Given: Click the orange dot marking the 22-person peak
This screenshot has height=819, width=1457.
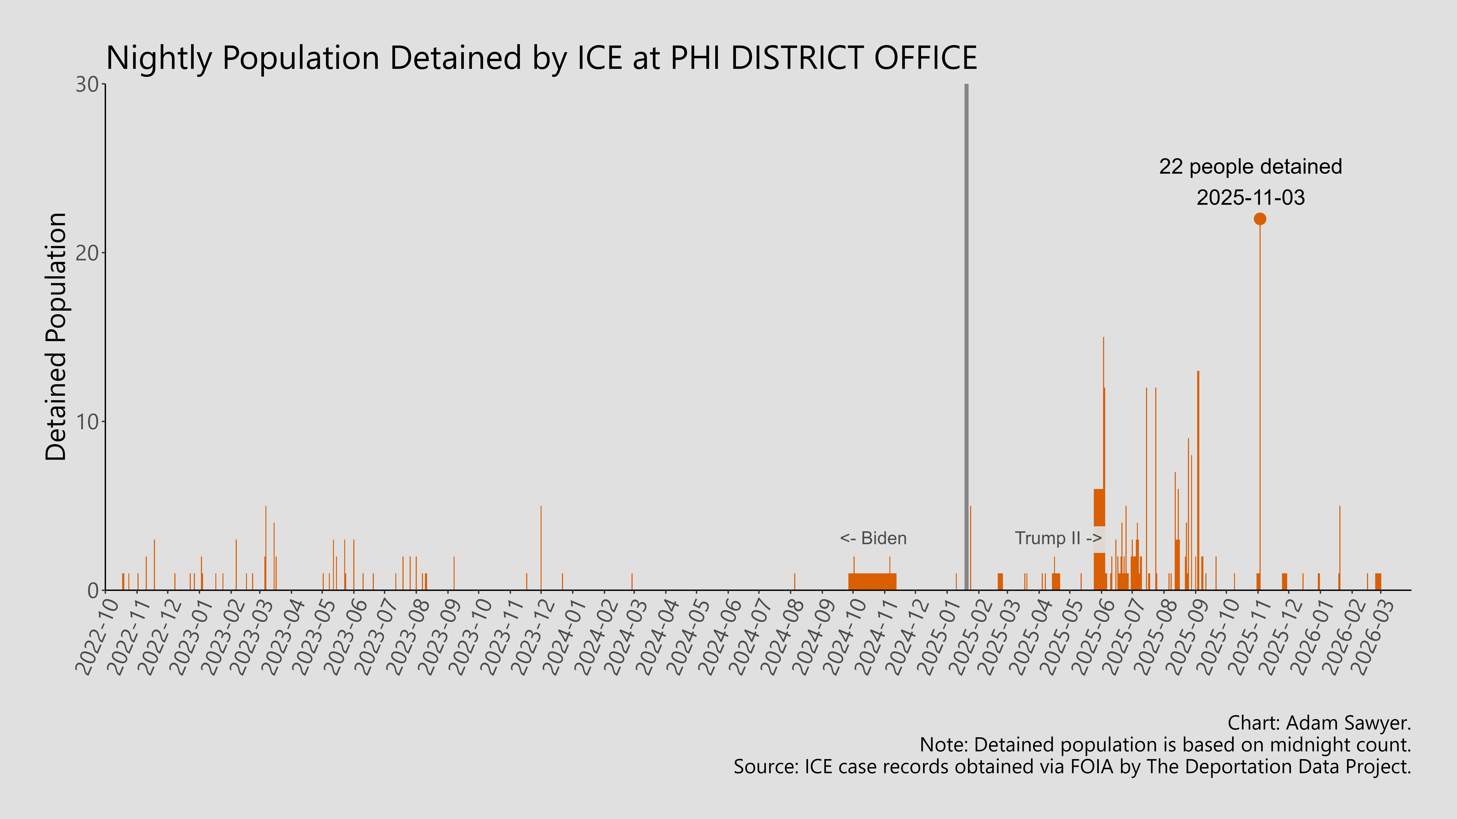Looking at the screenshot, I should (1260, 219).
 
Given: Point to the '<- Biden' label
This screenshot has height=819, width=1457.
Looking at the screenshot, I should (873, 538).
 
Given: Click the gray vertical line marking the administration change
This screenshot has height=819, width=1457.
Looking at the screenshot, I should (966, 339).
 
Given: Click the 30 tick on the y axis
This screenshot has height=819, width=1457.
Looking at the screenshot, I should (88, 85).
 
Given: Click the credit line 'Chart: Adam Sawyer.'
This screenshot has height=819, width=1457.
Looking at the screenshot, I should (1319, 723).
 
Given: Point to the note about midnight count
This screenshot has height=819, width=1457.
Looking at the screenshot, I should (1165, 745).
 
